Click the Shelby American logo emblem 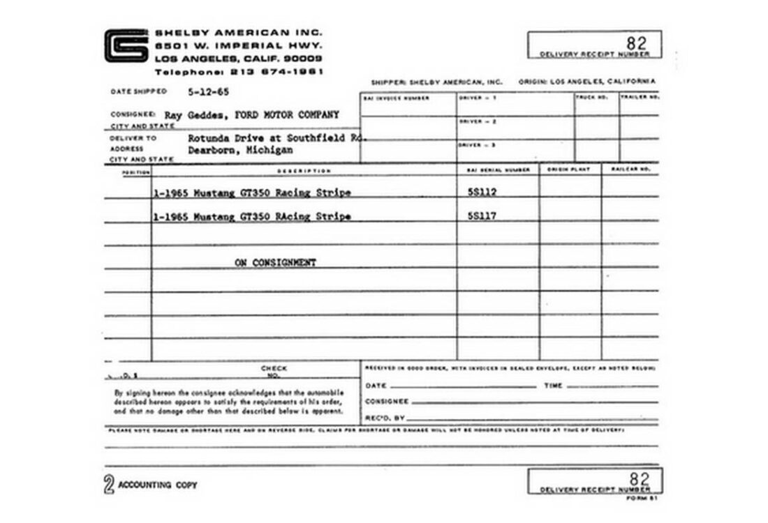pyautogui.click(x=126, y=46)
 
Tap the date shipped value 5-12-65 pyautogui.click(x=209, y=91)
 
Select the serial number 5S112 pyautogui.click(x=482, y=192)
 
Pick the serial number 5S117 pyautogui.click(x=482, y=216)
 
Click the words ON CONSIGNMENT pyautogui.click(x=275, y=263)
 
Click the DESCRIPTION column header pyautogui.click(x=304, y=171)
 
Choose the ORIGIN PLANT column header pyautogui.click(x=569, y=169)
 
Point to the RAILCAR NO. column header pyautogui.click(x=630, y=169)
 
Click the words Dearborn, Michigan pyautogui.click(x=240, y=150)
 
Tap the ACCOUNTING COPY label pyautogui.click(x=158, y=485)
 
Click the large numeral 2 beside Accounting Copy pyautogui.click(x=109, y=485)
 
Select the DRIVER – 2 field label pyautogui.click(x=478, y=121)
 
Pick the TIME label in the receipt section pyautogui.click(x=553, y=386)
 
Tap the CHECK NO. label pyautogui.click(x=274, y=372)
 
